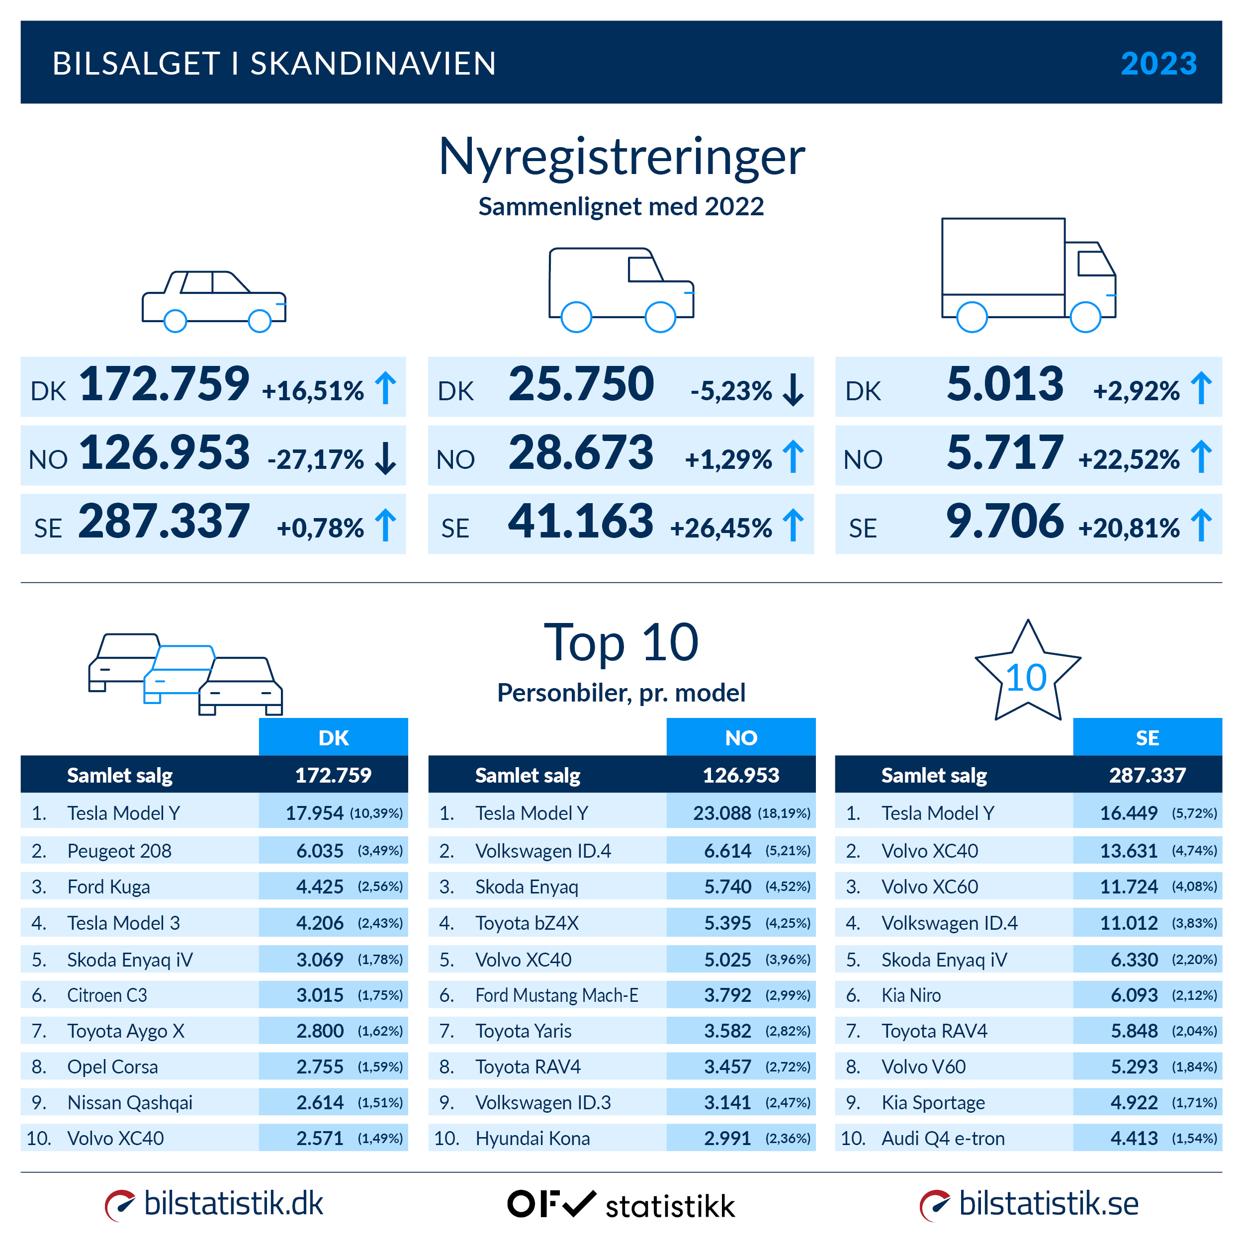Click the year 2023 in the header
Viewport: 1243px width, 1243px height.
[1158, 63]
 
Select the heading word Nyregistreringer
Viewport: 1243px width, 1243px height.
[621, 157]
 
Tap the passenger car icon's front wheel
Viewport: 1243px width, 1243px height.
[259, 320]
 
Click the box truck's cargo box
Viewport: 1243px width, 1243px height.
[1002, 258]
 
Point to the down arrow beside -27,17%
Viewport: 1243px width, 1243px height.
[385, 458]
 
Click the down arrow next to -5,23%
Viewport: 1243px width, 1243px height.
[793, 390]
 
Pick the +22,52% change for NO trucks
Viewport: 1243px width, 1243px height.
[1129, 459]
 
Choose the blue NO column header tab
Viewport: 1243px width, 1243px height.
[740, 737]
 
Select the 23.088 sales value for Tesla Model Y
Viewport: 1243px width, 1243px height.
[721, 813]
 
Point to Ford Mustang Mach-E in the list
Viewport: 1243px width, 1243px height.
[556, 995]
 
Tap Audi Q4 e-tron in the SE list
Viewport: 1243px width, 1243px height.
[943, 1138]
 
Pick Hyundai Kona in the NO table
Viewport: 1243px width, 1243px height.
[532, 1138]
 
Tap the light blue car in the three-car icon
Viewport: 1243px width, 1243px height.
[180, 669]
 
